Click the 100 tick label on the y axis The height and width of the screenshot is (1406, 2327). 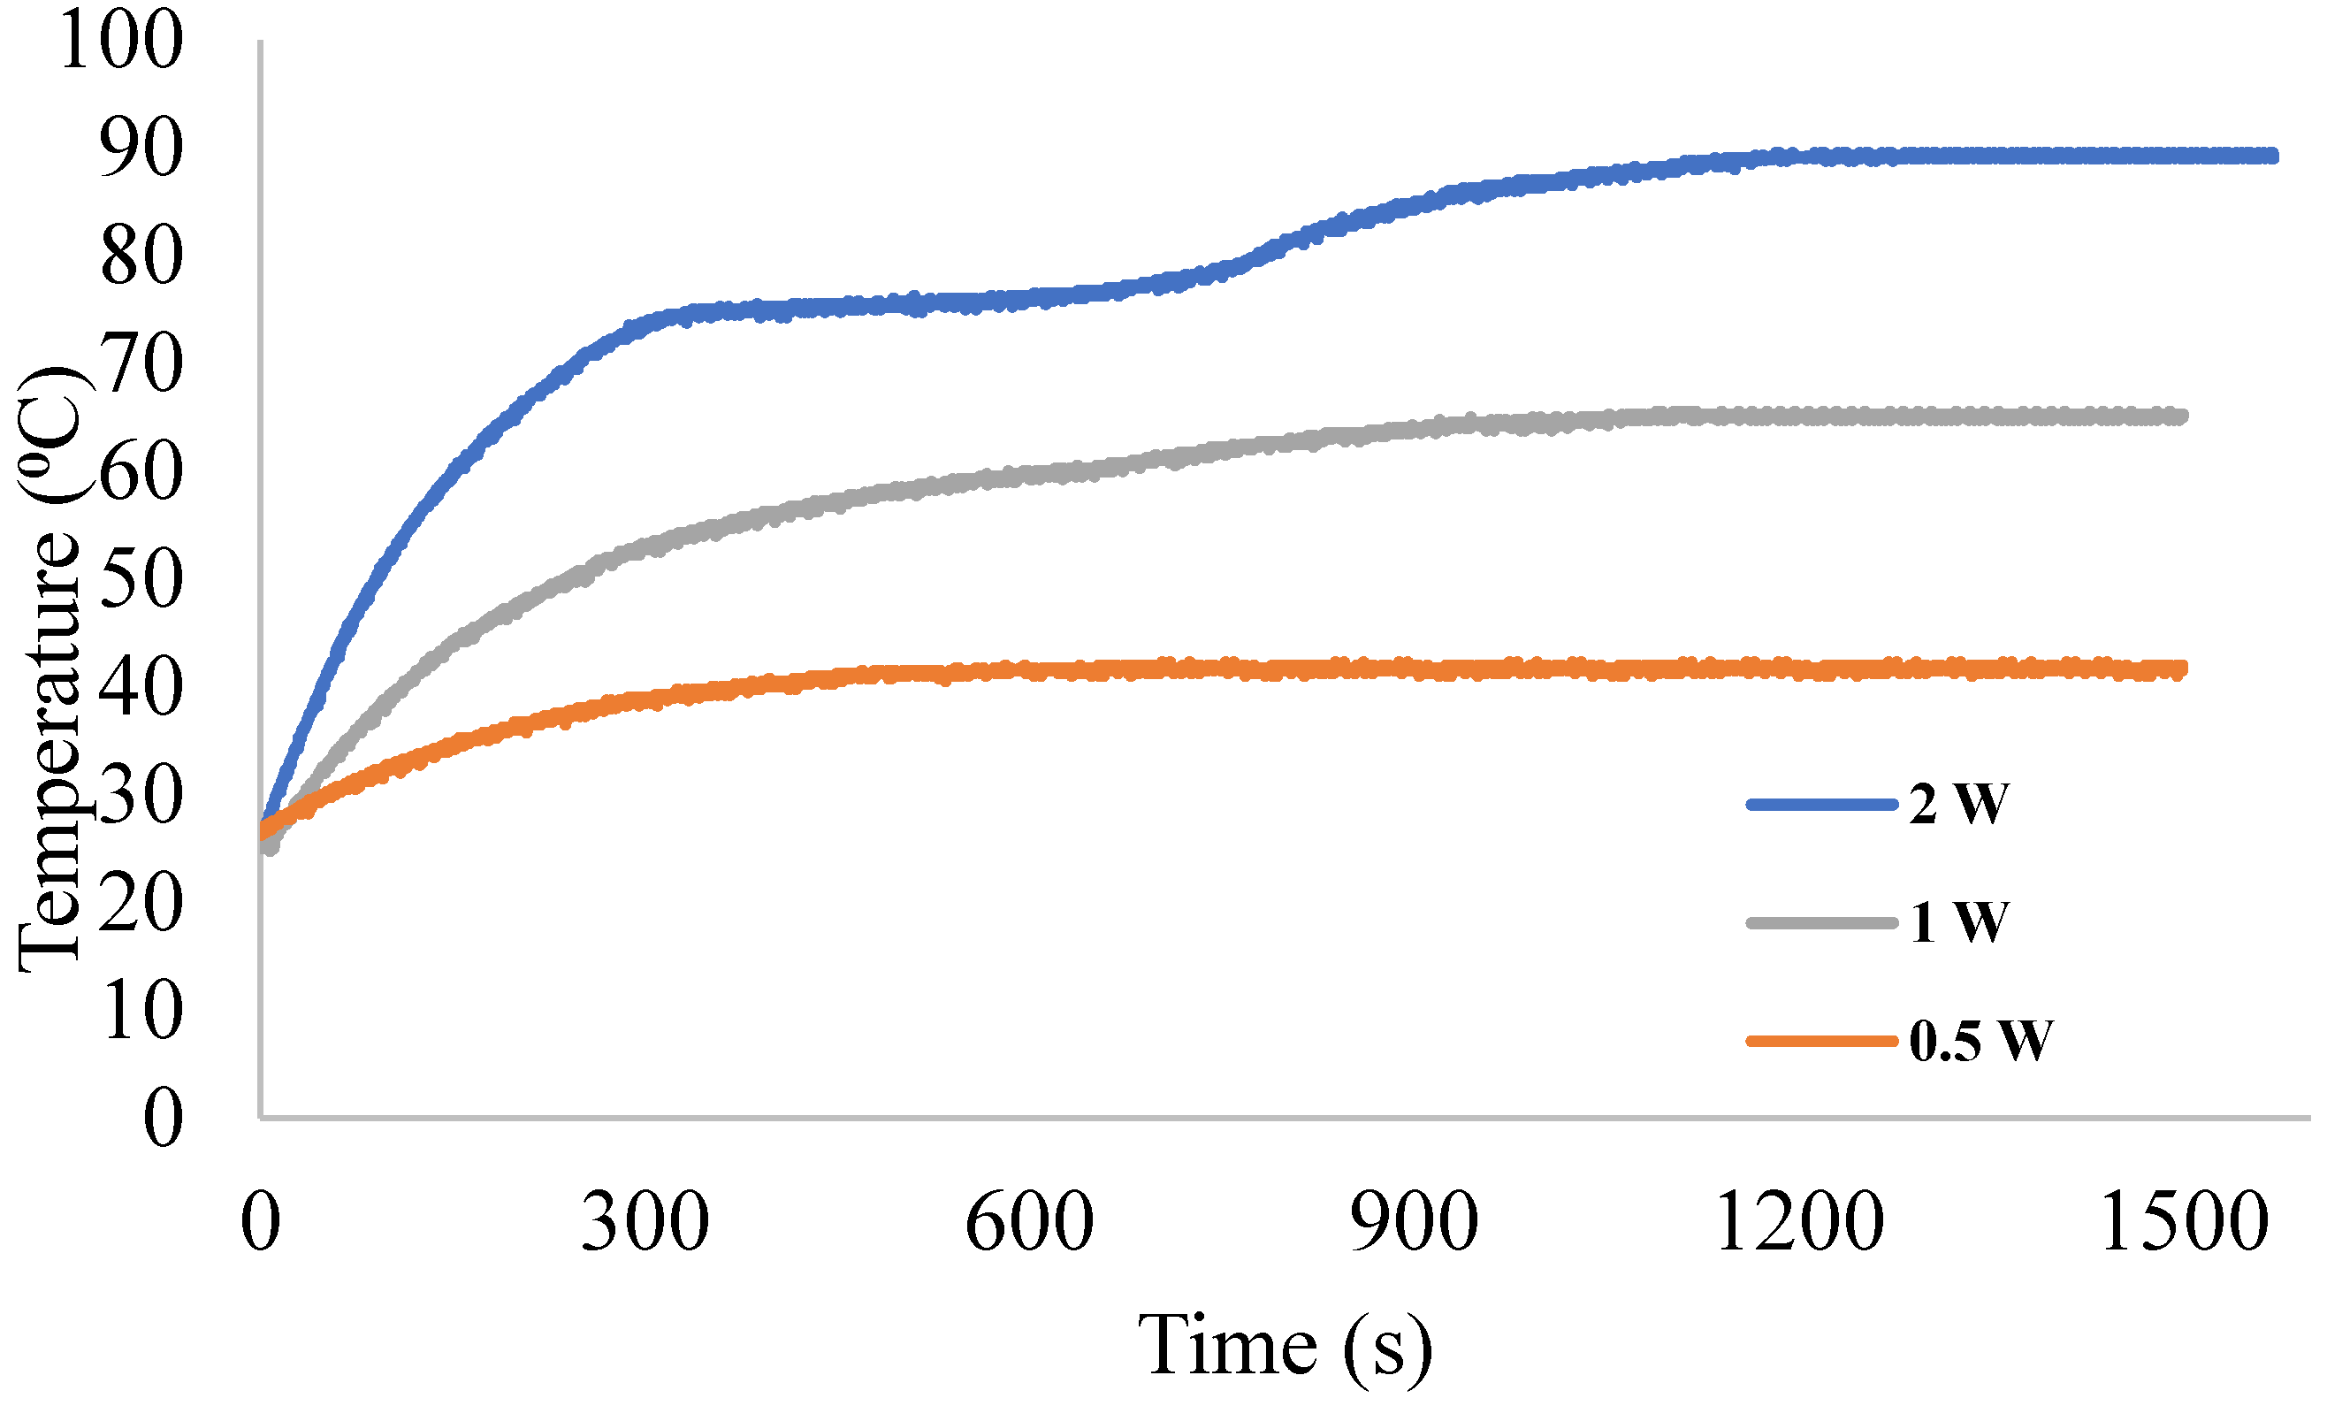tap(120, 41)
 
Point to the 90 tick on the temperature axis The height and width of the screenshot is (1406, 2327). tap(140, 149)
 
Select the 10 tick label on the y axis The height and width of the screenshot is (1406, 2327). tap(140, 1011)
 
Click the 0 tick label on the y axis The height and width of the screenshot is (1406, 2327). tap(163, 1118)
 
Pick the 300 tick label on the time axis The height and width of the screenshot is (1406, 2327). tap(645, 1222)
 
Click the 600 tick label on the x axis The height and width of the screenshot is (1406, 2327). tap(1029, 1222)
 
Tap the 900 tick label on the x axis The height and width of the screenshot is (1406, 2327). tap(1414, 1222)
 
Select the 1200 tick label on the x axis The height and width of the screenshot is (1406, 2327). tap(1799, 1222)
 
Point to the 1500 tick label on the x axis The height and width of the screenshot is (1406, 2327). tap(2184, 1222)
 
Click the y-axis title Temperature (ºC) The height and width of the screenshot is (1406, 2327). tap(52, 670)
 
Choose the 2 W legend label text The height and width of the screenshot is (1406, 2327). tap(1958, 805)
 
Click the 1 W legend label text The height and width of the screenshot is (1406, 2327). tap(1958, 922)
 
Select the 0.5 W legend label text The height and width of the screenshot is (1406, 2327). tap(1980, 1042)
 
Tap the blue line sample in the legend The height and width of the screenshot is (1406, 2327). tap(1822, 805)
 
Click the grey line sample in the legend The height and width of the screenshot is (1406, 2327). tap(1822, 922)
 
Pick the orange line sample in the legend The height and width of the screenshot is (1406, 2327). tap(1822, 1042)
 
